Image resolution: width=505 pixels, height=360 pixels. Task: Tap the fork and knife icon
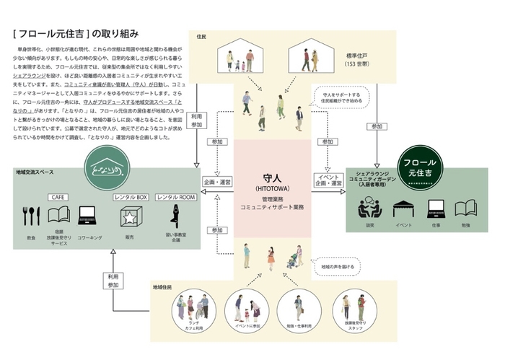(x=31, y=216)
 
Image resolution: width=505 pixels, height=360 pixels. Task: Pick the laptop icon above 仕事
(x=434, y=210)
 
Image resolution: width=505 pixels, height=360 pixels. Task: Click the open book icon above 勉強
(x=465, y=210)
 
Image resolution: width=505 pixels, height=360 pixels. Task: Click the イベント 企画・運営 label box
(x=326, y=180)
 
